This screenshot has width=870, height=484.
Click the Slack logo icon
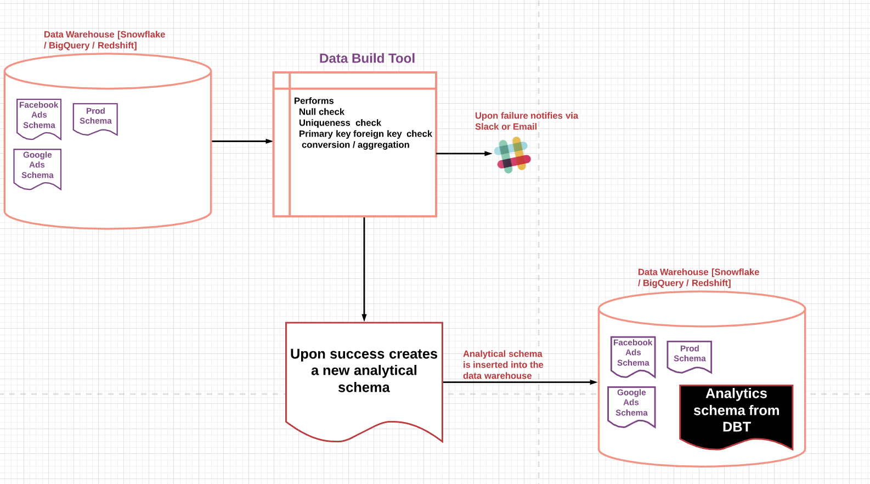[512, 155]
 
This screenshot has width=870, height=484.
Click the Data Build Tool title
[367, 59]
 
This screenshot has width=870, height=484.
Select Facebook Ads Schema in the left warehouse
[38, 116]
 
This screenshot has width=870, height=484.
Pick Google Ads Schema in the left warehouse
[37, 166]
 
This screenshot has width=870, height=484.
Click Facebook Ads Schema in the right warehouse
[633, 353]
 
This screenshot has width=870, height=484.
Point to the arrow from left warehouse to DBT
[241, 141]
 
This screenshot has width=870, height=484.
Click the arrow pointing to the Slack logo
[464, 154]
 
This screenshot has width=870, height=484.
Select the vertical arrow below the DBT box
[364, 269]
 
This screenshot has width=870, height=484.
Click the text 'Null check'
[321, 112]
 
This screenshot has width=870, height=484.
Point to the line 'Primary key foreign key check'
[365, 134]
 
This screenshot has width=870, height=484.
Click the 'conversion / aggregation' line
[355, 145]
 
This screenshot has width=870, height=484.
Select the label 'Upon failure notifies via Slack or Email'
[526, 121]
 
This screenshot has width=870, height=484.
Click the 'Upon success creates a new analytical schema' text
[364, 371]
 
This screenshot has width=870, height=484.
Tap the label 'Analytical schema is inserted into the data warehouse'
[502, 365]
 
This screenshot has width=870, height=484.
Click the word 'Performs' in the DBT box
[314, 101]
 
